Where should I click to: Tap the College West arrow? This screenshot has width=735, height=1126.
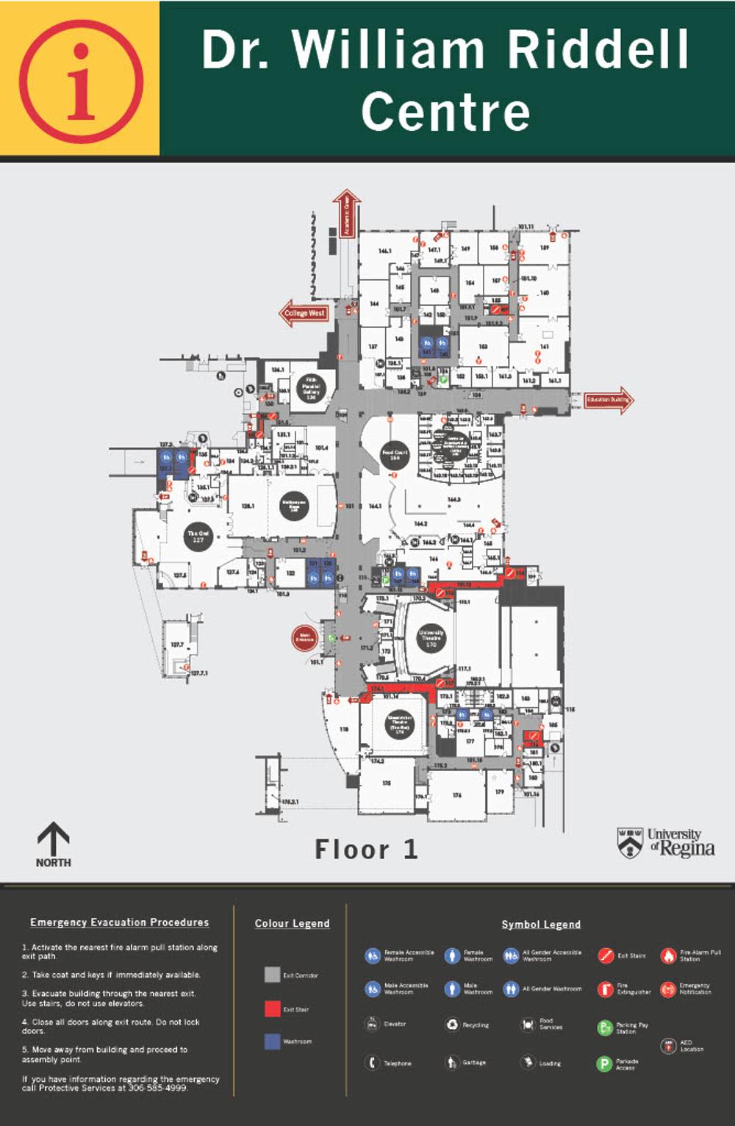pos(304,313)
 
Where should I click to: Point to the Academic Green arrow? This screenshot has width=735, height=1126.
pos(347,214)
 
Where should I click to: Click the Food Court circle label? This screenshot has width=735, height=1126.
pos(395,455)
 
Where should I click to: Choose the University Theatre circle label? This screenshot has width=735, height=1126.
pos(431,636)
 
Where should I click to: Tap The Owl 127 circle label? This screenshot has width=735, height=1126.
pos(198,537)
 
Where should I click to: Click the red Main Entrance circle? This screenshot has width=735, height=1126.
pos(304,638)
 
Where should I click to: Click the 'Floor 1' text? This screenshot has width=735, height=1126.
pos(367,850)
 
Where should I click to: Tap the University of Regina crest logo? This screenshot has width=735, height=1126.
pos(630,842)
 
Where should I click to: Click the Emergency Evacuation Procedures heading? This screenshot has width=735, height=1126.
pos(119,922)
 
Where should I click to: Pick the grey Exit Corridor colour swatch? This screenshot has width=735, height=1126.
pos(272,975)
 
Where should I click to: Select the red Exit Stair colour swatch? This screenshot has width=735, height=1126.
pos(272,1008)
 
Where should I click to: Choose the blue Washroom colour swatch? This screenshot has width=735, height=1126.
pos(272,1041)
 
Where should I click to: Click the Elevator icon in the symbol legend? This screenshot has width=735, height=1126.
pos(373,1023)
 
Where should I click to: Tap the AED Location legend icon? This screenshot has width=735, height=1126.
pos(668,1047)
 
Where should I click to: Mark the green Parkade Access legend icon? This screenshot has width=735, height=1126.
pos(604,1064)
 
